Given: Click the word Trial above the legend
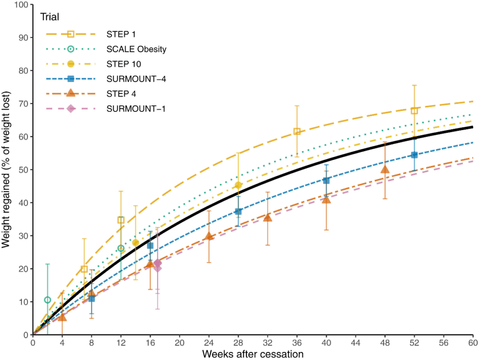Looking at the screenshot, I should (x=50, y=18).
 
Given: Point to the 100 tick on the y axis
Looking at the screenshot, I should (x=21, y=5).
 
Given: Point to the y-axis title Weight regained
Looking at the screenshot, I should (x=7, y=170).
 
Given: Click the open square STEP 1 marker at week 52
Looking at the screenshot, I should (x=414, y=111).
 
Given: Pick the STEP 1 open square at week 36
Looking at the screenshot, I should (x=297, y=132).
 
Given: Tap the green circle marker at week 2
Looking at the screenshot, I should (x=48, y=300).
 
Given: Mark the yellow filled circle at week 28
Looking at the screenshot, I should (x=238, y=185).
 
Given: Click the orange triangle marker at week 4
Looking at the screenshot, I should (x=62, y=317).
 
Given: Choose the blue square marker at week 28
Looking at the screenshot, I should (x=238, y=211).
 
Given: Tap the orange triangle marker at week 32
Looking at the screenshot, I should (x=267, y=217).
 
